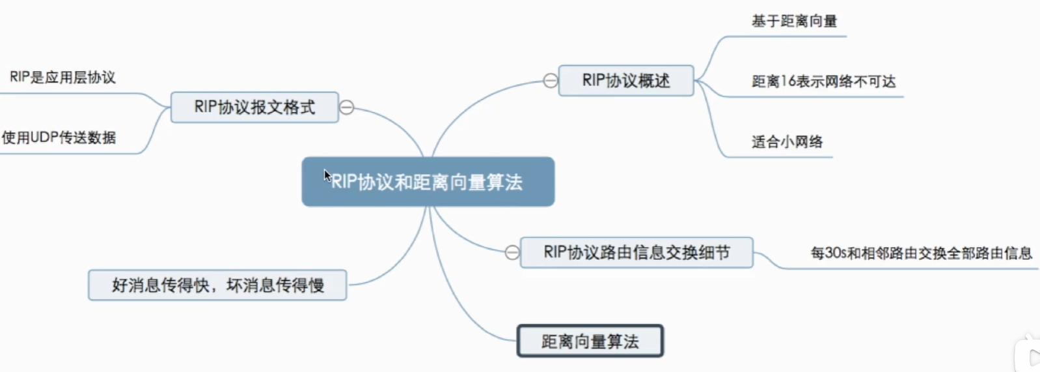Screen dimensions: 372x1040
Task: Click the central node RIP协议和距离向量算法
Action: click(x=428, y=182)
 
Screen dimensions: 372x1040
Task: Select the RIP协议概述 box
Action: click(x=625, y=81)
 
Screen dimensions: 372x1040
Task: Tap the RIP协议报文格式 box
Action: click(x=254, y=107)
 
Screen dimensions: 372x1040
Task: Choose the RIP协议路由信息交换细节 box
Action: click(x=636, y=253)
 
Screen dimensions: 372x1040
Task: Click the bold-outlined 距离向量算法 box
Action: click(x=590, y=341)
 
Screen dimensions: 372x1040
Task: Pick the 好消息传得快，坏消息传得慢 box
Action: click(x=217, y=285)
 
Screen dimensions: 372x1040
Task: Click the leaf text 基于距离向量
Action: click(x=794, y=21)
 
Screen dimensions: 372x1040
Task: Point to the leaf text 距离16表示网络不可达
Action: click(x=823, y=81)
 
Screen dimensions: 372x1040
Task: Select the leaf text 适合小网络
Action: click(x=787, y=142)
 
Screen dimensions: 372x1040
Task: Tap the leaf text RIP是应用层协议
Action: click(x=62, y=78)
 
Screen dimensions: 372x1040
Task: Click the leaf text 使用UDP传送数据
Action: click(x=59, y=137)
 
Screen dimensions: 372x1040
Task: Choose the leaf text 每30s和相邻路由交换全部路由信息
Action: click(x=921, y=253)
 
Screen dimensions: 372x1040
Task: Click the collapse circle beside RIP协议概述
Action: click(x=551, y=81)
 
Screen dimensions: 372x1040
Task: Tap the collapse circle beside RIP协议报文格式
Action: click(x=347, y=107)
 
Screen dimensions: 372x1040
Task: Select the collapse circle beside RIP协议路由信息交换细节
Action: click(x=512, y=253)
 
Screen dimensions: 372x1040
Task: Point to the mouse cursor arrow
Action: click(x=327, y=175)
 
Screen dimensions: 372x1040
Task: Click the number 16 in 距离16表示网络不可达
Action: click(x=788, y=81)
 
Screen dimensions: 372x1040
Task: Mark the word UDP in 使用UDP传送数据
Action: click(x=44, y=137)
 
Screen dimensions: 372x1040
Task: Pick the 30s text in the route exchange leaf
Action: click(x=836, y=253)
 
